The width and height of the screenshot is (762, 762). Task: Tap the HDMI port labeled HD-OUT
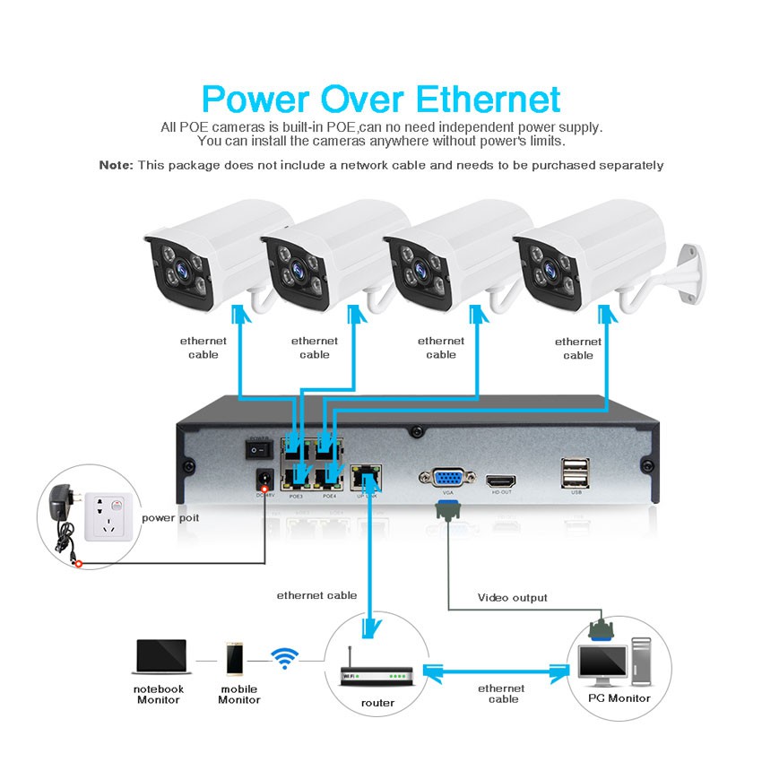pyautogui.click(x=501, y=481)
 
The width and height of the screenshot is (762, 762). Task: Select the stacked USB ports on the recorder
pyautogui.click(x=575, y=472)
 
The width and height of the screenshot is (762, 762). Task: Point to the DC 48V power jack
pyautogui.click(x=264, y=478)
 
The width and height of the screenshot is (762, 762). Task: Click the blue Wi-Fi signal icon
pyautogui.click(x=285, y=660)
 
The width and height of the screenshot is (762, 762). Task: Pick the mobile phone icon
pyautogui.click(x=235, y=659)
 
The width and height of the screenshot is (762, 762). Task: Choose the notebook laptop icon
pyautogui.click(x=160, y=658)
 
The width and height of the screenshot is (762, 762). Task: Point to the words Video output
pyautogui.click(x=512, y=597)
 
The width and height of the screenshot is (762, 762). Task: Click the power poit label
pyautogui.click(x=170, y=517)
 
